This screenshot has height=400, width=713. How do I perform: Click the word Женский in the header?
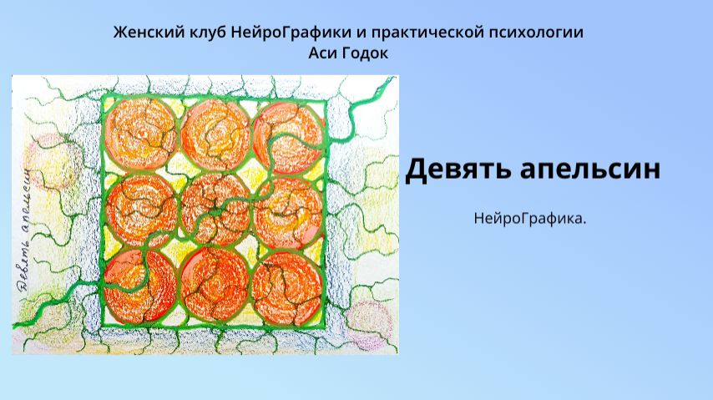click(x=143, y=33)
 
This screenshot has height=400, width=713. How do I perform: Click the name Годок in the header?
click(x=365, y=52)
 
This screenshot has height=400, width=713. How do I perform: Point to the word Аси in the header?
click(x=324, y=52)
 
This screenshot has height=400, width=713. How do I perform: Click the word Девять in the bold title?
click(x=457, y=170)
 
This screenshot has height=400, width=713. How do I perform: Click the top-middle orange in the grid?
click(x=215, y=134)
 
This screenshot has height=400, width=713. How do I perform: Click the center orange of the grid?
click(x=215, y=209)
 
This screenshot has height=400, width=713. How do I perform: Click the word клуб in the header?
click(x=195, y=33)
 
